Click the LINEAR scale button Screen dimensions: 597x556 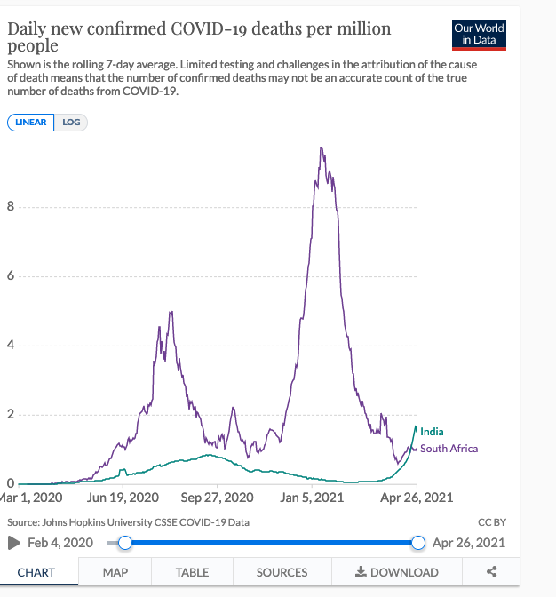pos(31,123)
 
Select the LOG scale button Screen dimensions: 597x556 pos(71,123)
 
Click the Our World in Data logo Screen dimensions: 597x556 pos(479,35)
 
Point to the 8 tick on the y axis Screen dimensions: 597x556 pos(10,208)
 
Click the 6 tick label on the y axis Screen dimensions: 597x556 pos(10,276)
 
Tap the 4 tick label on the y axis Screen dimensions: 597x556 pos(10,346)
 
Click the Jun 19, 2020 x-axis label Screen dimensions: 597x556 pos(123,497)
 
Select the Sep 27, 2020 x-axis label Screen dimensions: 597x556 pos(217,497)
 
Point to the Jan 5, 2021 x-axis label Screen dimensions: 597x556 pos(312,497)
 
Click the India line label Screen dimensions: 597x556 pos(432,432)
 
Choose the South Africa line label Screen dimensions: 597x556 pos(449,449)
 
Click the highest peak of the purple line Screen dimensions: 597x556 pos(321,148)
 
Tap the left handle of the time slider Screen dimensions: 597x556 pos(125,543)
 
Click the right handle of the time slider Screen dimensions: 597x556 pos(419,543)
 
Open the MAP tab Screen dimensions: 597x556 pos(115,572)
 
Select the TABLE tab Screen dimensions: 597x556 pos(192,572)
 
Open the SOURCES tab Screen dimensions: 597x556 pos(282,572)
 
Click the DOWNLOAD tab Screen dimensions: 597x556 pos(396,572)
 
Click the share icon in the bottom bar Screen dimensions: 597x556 pos(492,572)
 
